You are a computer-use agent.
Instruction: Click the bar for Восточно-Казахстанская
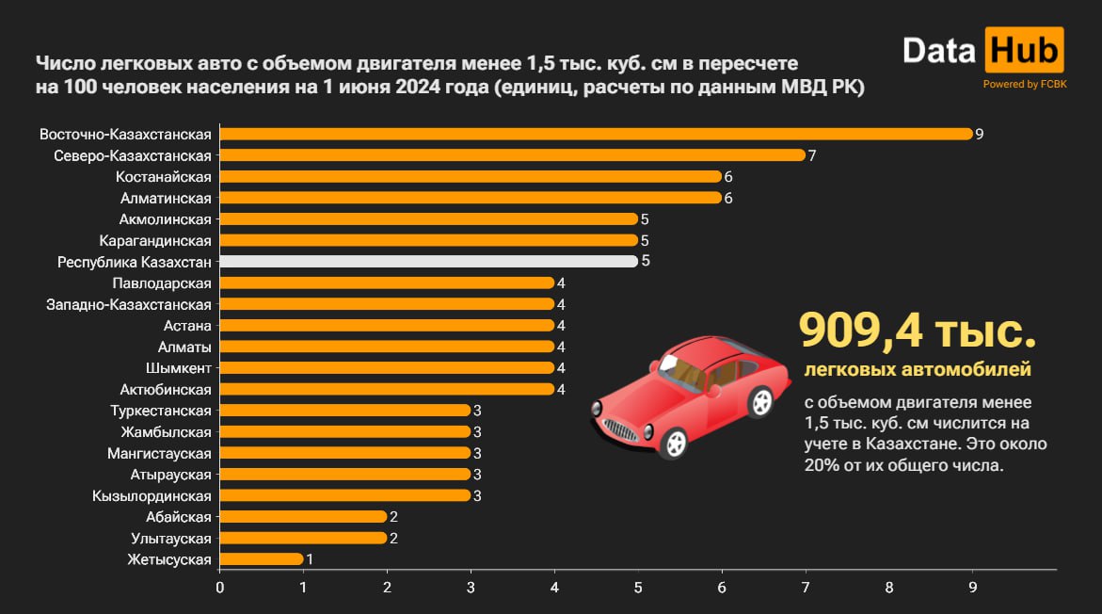click(x=595, y=134)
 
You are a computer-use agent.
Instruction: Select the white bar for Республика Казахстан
click(x=428, y=262)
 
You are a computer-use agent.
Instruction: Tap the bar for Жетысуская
click(x=262, y=559)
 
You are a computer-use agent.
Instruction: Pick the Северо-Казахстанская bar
click(x=512, y=155)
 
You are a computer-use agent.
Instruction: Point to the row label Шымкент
click(x=179, y=367)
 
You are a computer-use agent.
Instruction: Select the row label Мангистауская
click(x=160, y=453)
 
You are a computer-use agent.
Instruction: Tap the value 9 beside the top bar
click(x=980, y=134)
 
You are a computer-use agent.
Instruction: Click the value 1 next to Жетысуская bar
click(x=311, y=559)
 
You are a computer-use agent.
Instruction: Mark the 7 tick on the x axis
click(x=806, y=588)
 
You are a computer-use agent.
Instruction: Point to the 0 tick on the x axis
click(x=220, y=588)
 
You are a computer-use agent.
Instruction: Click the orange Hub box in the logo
click(x=1025, y=50)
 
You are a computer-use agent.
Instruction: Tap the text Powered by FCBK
click(x=1025, y=84)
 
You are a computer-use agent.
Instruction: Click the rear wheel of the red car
click(x=759, y=403)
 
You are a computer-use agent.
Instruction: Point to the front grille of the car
click(x=621, y=429)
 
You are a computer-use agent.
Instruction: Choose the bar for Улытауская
click(x=303, y=539)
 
